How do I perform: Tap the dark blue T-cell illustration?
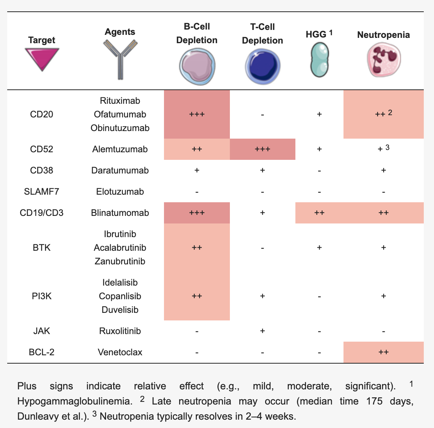pyautogui.click(x=262, y=67)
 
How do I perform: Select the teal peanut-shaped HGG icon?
pyautogui.click(x=319, y=59)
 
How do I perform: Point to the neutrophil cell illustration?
pyautogui.click(x=383, y=60)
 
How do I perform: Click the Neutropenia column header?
pyautogui.click(x=383, y=35)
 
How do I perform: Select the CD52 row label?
pyautogui.click(x=42, y=149)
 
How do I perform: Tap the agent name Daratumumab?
pyautogui.click(x=120, y=170)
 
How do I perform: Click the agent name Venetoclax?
pyautogui.click(x=120, y=352)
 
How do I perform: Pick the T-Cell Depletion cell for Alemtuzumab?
pyautogui.click(x=262, y=149)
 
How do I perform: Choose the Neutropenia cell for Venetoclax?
pyautogui.click(x=383, y=352)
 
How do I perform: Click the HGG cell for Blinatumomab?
pyautogui.click(x=319, y=213)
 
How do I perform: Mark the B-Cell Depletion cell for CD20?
pyautogui.click(x=197, y=114)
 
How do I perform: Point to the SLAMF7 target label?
pyautogui.click(x=42, y=192)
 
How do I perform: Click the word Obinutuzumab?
pyautogui.click(x=120, y=128)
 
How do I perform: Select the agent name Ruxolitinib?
pyautogui.click(x=120, y=331)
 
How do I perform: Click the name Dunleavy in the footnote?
pyautogui.click(x=36, y=416)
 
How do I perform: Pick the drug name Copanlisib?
pyautogui.click(x=120, y=296)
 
